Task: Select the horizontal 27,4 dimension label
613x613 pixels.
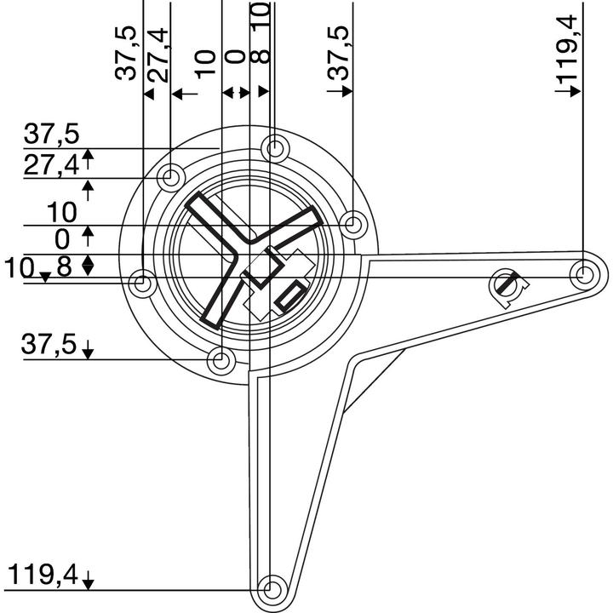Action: coord(49,164)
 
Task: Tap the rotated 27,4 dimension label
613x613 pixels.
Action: coord(158,53)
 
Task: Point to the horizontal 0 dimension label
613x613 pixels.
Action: coord(61,238)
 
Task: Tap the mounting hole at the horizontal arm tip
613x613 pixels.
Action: coord(584,274)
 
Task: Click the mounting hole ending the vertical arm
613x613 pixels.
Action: coord(272,587)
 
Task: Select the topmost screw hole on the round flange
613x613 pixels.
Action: coord(274,148)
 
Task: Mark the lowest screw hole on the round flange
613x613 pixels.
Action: coord(221,361)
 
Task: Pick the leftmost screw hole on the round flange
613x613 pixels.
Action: coord(144,282)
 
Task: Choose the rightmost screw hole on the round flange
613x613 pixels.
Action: coord(352,225)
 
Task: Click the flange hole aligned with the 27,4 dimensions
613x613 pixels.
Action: coord(170,178)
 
